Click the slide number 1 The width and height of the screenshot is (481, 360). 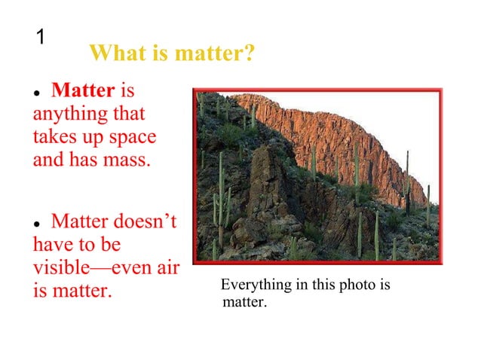(x=41, y=36)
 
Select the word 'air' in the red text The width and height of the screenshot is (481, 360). (x=166, y=267)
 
